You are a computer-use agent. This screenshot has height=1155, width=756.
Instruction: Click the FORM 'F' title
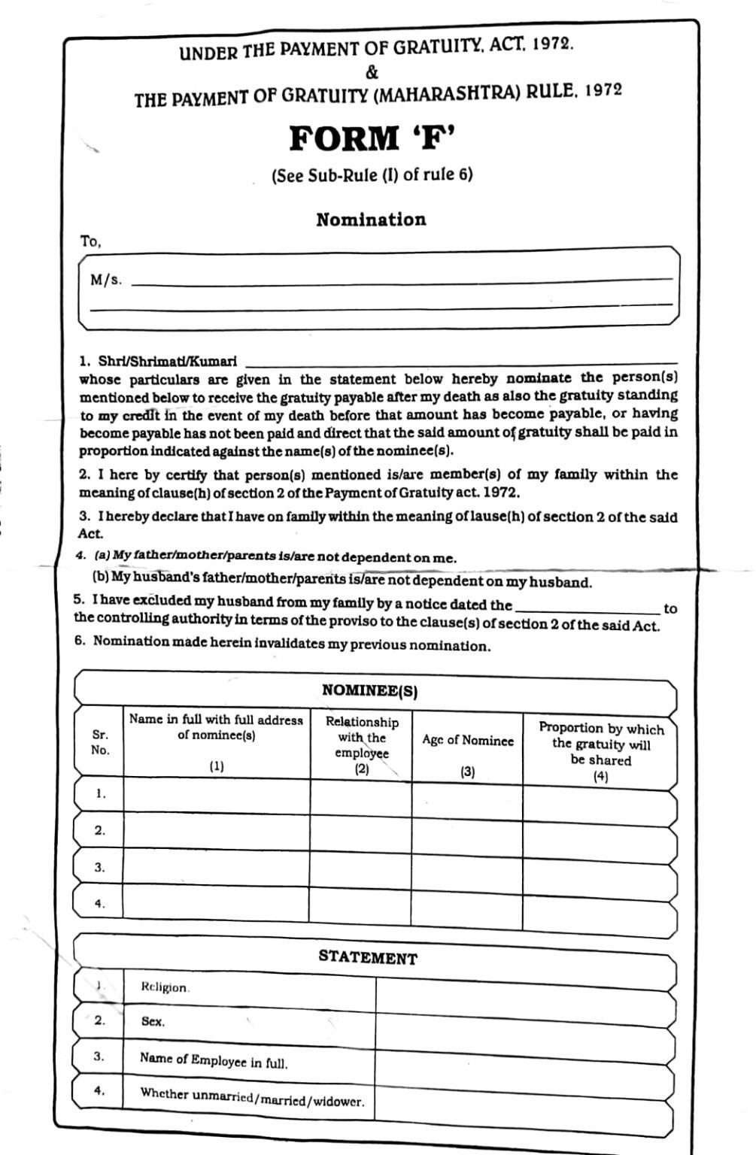(x=372, y=138)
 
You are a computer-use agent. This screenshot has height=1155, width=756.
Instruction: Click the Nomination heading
(x=371, y=220)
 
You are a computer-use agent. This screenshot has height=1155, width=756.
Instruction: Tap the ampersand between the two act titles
(x=372, y=73)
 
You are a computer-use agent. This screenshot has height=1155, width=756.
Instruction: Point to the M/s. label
(x=105, y=280)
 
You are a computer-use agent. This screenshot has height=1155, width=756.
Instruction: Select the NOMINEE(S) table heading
(x=369, y=690)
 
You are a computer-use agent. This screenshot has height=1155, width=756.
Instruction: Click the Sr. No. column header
(x=100, y=742)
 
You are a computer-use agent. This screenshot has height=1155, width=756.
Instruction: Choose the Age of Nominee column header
(x=468, y=741)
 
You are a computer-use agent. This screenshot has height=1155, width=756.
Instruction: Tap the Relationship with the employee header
(x=362, y=738)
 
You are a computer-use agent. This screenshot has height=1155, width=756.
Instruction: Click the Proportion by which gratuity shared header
(x=600, y=744)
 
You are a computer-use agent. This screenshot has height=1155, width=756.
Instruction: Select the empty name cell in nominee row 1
(x=217, y=796)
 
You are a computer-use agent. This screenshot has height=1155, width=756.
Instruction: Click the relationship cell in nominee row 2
(x=361, y=832)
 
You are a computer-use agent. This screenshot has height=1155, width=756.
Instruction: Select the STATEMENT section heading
(x=367, y=957)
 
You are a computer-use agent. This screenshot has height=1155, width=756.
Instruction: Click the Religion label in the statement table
(x=165, y=987)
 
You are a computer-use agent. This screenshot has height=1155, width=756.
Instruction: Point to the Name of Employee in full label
(x=214, y=1060)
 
